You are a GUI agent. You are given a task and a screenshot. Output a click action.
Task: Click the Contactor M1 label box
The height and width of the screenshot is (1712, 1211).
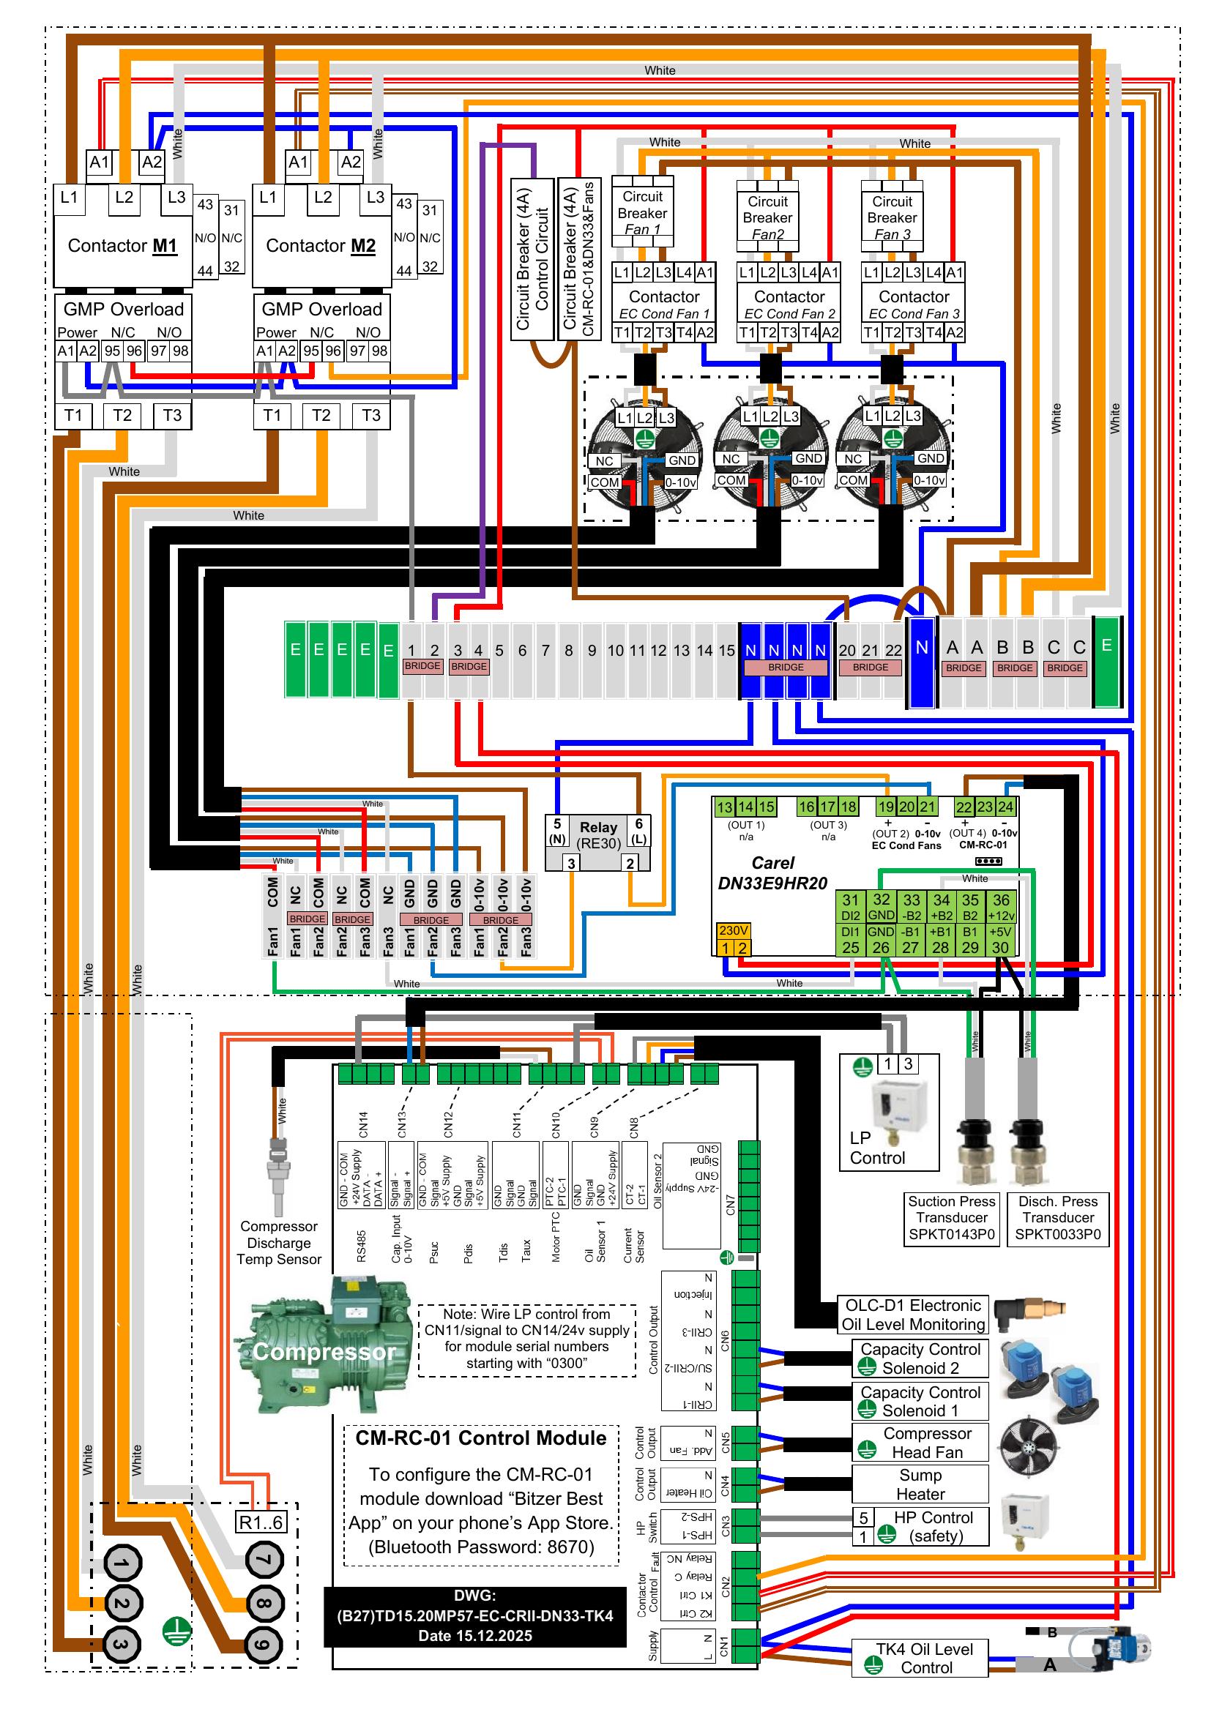[122, 246]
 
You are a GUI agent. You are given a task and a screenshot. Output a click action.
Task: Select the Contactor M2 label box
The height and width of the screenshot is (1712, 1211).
[321, 246]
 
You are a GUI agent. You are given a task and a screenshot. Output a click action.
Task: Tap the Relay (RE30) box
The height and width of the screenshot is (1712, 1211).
[598, 836]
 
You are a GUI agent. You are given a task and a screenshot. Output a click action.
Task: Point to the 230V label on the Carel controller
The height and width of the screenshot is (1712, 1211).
[734, 930]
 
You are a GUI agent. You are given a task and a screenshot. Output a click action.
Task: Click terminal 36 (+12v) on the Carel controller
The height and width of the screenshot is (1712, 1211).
[1001, 907]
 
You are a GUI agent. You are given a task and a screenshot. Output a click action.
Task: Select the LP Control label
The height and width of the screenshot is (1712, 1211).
[877, 1148]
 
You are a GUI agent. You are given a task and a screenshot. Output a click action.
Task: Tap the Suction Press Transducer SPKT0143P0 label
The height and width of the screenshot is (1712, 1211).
[952, 1218]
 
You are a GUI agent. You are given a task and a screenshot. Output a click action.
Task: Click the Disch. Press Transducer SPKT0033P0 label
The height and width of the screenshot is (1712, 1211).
[1058, 1218]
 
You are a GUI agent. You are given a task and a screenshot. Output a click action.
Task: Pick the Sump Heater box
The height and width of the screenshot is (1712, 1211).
[920, 1484]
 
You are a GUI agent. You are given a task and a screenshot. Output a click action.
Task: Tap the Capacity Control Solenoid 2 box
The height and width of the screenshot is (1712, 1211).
[920, 1358]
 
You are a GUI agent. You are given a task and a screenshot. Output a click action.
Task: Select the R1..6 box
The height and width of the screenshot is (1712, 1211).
[260, 1522]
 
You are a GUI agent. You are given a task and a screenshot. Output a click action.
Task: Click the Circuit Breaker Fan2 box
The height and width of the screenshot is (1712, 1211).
[767, 217]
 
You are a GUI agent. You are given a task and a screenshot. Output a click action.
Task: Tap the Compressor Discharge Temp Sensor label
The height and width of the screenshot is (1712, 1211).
[279, 1243]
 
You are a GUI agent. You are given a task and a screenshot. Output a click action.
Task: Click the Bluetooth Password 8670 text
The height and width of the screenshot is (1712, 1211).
[481, 1547]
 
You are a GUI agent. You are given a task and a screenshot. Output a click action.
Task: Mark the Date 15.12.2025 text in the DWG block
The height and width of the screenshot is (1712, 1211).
[475, 1636]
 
